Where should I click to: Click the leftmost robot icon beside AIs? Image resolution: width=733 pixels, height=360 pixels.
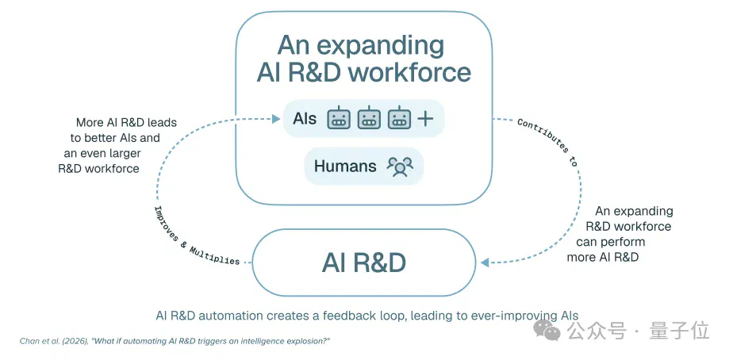[x=339, y=118]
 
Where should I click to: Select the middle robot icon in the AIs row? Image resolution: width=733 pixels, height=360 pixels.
[x=369, y=118]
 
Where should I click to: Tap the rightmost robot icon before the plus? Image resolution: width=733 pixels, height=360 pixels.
[x=399, y=118]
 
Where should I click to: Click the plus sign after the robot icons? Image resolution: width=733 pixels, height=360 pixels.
[x=425, y=119]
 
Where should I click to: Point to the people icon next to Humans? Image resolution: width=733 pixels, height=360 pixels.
[x=400, y=167]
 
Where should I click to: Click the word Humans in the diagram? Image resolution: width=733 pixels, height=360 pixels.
[x=345, y=166]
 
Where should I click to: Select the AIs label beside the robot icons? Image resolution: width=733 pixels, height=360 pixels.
[x=305, y=119]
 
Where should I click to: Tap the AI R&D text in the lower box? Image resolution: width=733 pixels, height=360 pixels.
[x=363, y=263]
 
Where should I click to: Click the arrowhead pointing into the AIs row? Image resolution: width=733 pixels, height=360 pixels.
[x=276, y=119]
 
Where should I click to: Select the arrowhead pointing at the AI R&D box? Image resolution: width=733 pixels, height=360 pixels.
[x=484, y=262]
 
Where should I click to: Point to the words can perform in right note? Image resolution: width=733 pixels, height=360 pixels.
[x=611, y=242]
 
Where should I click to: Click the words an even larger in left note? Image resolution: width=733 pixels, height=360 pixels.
[x=102, y=153]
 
